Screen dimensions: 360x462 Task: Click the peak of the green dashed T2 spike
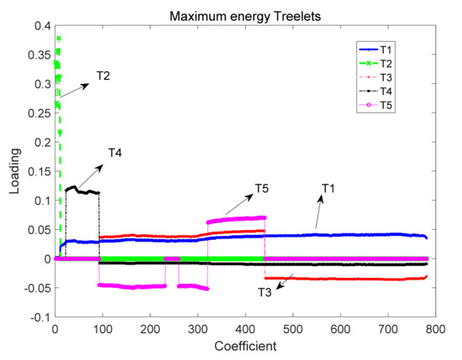coord(58,38)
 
